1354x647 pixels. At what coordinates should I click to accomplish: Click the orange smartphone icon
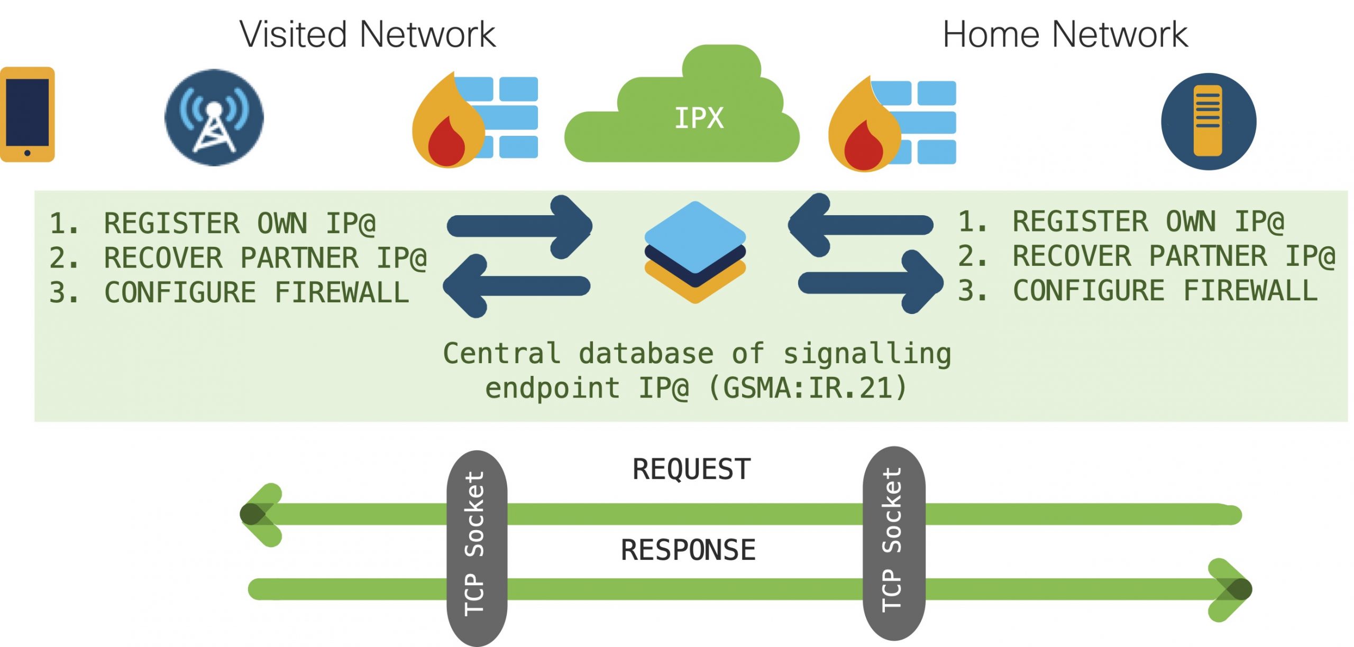coord(27,114)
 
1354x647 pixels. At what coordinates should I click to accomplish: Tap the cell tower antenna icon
coord(214,117)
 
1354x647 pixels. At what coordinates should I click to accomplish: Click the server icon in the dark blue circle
coord(1208,121)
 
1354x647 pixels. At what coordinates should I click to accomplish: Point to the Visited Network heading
coord(368,34)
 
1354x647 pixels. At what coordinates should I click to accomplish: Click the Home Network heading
coord(1065,34)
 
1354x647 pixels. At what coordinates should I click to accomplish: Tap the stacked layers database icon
coord(695,252)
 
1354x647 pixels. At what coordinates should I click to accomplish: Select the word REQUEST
coord(691,469)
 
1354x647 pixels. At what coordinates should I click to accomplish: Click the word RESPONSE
coord(688,550)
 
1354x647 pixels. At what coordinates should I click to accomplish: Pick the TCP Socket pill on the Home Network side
coord(893,543)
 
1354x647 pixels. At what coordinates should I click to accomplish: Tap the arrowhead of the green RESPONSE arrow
coord(1232,589)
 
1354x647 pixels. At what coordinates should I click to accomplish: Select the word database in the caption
coord(646,353)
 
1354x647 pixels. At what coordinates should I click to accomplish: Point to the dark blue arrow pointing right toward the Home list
coord(871,283)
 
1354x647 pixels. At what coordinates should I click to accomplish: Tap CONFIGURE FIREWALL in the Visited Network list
coord(257,292)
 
